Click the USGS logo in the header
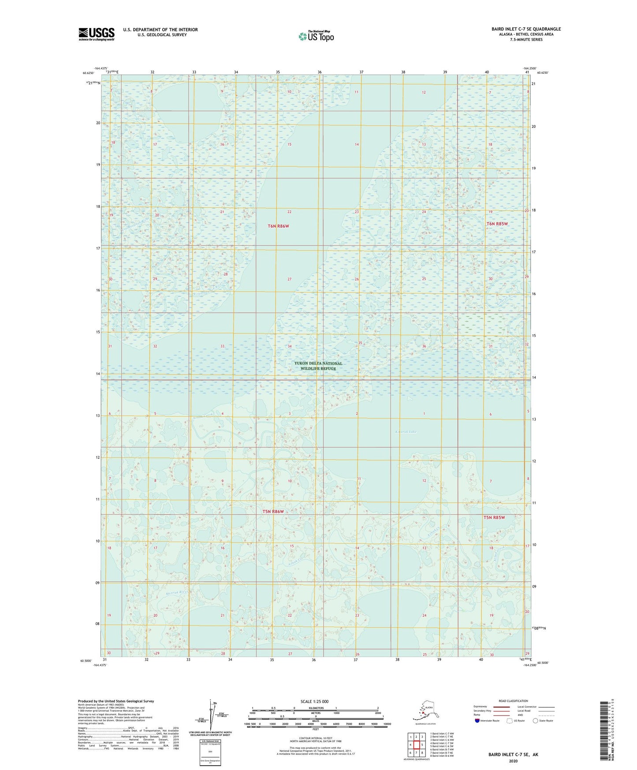tap(97, 34)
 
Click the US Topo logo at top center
tap(316, 36)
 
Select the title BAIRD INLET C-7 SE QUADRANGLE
tap(526, 29)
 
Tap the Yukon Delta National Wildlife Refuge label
tap(318, 366)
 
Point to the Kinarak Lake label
tap(406, 432)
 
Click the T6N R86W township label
tap(278, 226)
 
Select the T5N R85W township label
tap(494, 518)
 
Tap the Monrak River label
tap(177, 593)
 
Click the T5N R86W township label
tap(273, 512)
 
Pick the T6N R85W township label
tap(497, 224)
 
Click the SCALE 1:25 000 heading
tap(314, 702)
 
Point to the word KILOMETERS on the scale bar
tap(315, 708)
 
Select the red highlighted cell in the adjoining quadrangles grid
tap(416, 745)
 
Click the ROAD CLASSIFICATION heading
tap(513, 701)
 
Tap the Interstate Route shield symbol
tap(477, 721)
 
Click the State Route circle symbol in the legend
tap(536, 721)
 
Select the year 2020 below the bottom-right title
tap(513, 761)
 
